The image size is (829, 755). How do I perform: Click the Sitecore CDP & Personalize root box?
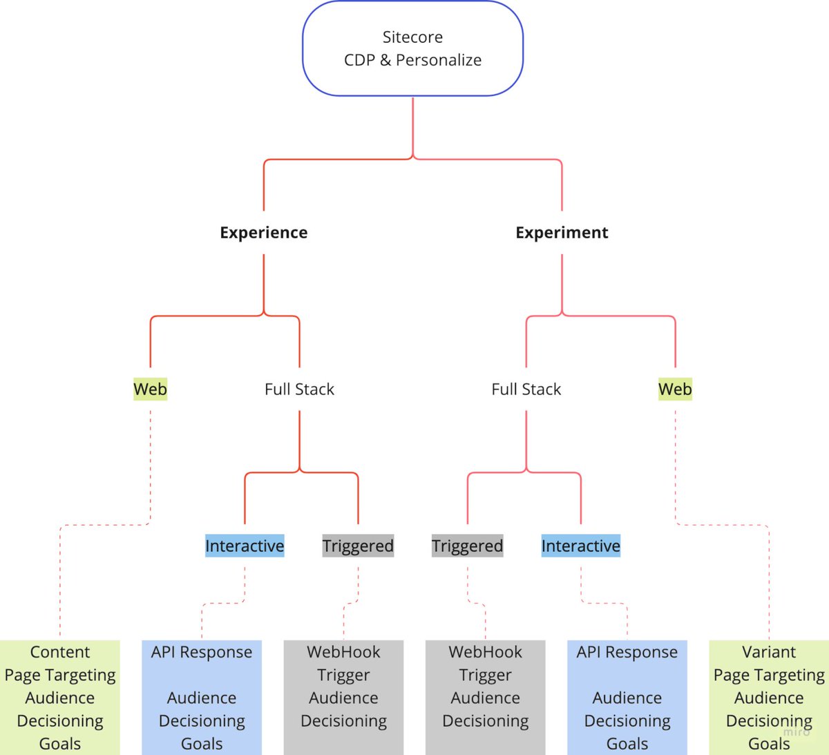412,48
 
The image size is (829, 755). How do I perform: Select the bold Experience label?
264,233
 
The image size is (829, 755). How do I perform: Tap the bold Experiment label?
562,233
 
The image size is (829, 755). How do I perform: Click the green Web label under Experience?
150,390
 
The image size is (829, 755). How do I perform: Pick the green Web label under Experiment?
675,390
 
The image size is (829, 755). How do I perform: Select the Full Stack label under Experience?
299,390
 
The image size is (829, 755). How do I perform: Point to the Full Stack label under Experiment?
526,390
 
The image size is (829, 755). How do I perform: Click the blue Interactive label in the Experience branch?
245,546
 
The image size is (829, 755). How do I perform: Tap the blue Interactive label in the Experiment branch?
580,546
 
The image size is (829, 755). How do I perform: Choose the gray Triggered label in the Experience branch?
358,546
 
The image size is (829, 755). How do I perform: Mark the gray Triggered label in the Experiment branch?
467,546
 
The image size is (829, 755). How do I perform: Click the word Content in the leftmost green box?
60,652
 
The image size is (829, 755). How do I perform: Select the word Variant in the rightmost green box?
769,652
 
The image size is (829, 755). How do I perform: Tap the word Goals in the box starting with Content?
60,744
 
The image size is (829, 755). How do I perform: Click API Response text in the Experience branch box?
202,652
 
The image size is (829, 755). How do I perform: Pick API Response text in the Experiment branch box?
627,652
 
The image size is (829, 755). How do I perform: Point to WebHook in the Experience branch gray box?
343,652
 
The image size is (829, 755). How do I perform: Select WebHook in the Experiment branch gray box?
485,652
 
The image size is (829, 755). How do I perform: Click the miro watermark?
797,732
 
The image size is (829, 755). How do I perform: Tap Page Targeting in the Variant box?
769,675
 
